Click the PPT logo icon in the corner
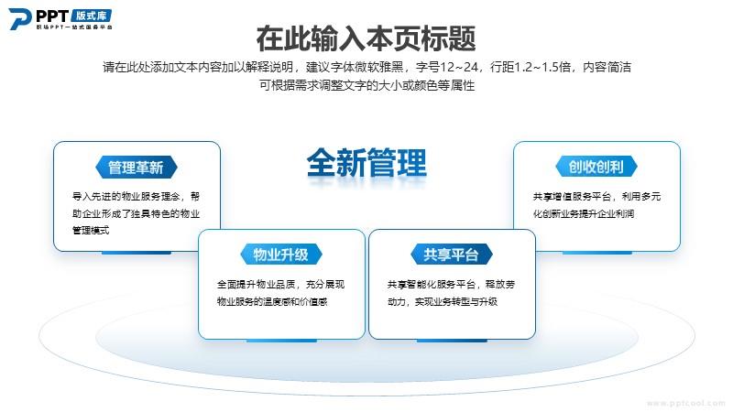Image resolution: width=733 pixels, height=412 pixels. (20, 19)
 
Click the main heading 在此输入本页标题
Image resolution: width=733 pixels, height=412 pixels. (366, 38)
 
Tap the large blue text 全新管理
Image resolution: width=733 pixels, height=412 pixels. (366, 163)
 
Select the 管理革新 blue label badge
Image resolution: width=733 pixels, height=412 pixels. (136, 168)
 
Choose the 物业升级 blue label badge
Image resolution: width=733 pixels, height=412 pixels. (281, 255)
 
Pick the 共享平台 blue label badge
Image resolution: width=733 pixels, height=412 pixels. (452, 255)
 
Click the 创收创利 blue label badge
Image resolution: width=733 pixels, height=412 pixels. (596, 167)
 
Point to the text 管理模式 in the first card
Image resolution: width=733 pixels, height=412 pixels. (91, 231)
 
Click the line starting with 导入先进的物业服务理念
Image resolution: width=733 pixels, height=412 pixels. (136, 196)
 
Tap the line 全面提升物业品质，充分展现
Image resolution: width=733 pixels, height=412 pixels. (280, 284)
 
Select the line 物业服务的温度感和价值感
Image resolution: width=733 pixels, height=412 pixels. (272, 302)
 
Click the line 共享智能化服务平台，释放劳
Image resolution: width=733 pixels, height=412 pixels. (451, 284)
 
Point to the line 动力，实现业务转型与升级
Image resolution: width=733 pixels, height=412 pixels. (443, 302)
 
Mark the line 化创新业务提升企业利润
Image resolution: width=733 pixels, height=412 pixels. (584, 214)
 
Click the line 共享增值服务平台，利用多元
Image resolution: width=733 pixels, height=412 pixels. (597, 197)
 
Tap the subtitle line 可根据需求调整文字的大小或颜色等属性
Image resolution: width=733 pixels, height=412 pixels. (367, 85)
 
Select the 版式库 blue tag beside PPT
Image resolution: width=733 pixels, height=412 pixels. (92, 16)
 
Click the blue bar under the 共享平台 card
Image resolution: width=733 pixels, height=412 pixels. (452, 341)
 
